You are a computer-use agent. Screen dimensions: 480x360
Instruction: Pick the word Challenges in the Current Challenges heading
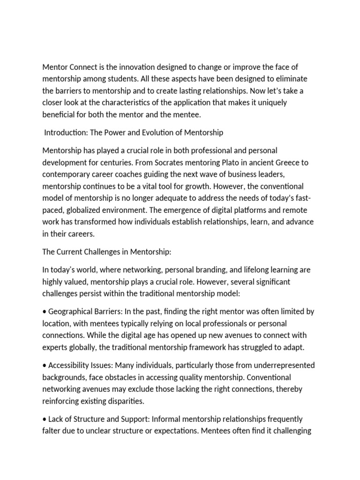tap(107, 252)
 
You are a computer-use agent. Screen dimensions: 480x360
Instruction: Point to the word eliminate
tap(291, 78)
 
